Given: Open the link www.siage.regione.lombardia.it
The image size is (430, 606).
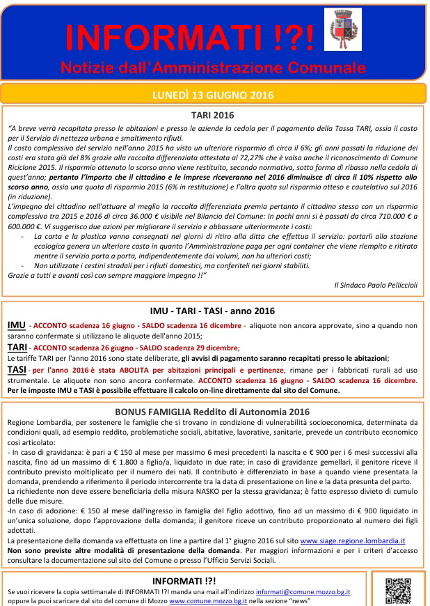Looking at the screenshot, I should click(x=353, y=541).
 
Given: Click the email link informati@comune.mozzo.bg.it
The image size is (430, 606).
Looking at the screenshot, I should click(x=303, y=591).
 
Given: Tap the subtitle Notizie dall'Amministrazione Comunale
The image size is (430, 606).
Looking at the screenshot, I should click(x=212, y=68).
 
